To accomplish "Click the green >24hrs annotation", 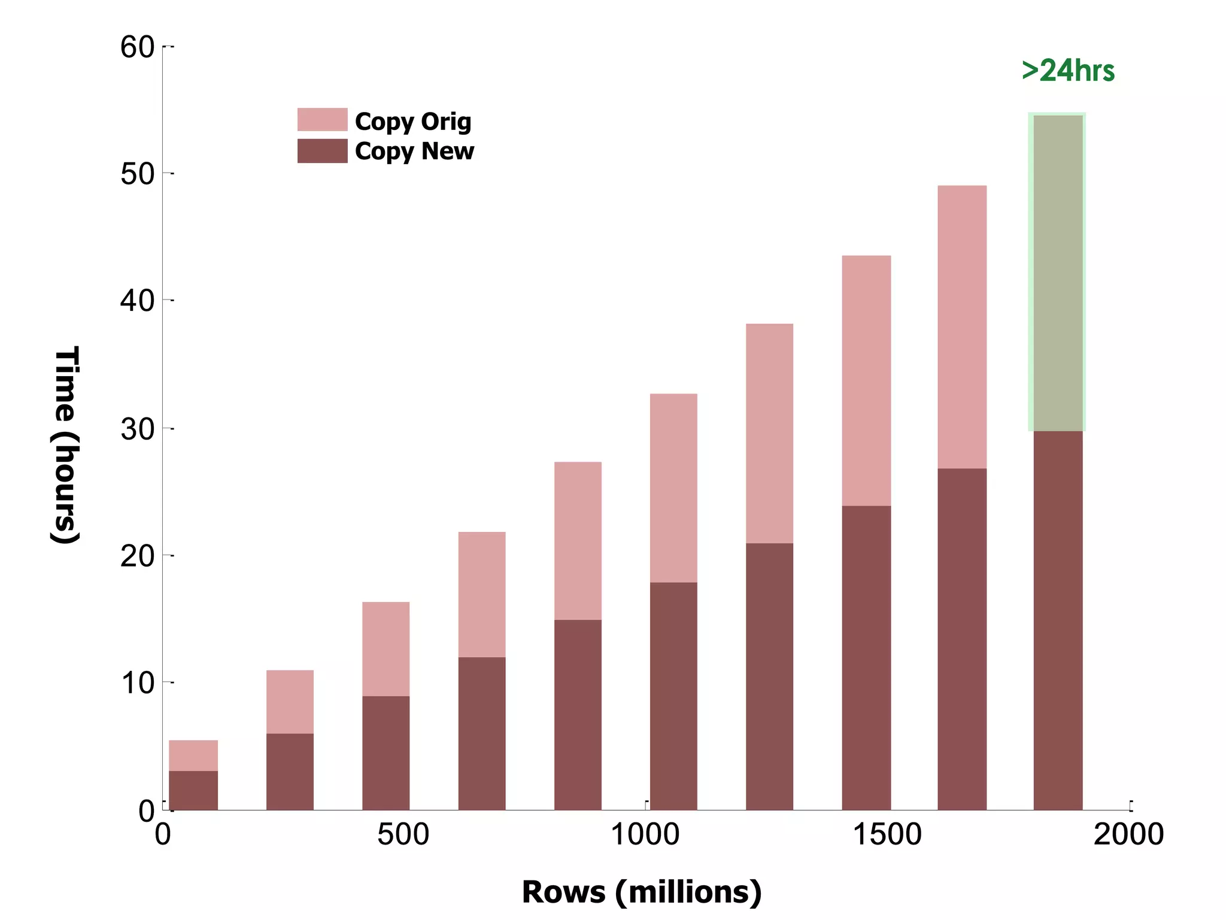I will tap(1068, 71).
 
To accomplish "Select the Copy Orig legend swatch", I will tap(322, 120).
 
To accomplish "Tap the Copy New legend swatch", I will tap(322, 151).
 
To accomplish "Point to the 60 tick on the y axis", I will tap(138, 47).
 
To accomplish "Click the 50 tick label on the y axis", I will tap(138, 174).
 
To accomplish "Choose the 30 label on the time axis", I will tap(138, 429).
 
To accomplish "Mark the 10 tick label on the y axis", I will tap(138, 683).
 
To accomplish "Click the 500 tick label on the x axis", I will tap(403, 834).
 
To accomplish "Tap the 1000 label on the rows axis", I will tap(645, 834).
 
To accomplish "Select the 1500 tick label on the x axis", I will tap(887, 834).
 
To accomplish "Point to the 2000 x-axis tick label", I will tap(1128, 834).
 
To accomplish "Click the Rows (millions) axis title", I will tap(642, 892).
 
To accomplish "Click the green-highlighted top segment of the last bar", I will tap(1058, 273).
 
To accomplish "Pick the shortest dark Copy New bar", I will tap(193, 790).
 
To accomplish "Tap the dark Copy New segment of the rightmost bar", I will tap(1058, 620).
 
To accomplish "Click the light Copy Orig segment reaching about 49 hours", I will tap(962, 327).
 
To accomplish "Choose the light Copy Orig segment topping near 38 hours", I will tap(769, 434).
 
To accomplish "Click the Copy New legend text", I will tap(414, 151).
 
